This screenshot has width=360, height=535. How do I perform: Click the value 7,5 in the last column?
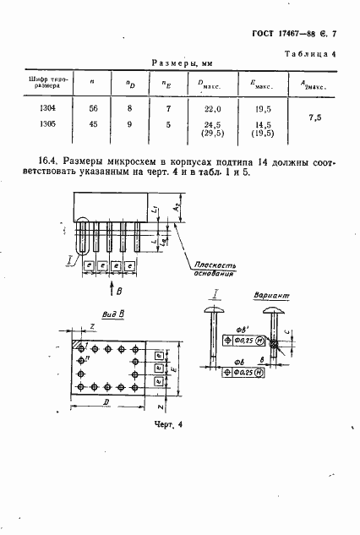pyautogui.click(x=315, y=119)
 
